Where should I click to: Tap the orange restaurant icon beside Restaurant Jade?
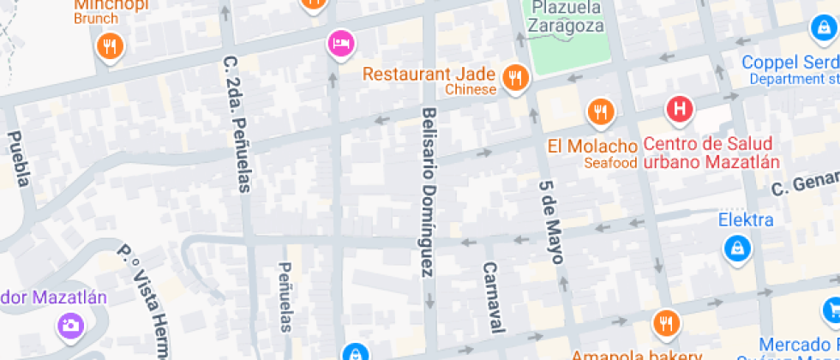[x=515, y=78]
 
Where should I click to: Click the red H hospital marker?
[x=680, y=109]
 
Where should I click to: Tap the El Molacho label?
[x=592, y=145]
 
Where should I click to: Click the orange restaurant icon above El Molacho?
[x=601, y=111]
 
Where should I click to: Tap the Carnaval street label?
[x=492, y=296]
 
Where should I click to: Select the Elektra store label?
[x=746, y=220]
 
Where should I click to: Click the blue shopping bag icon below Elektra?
[x=735, y=249]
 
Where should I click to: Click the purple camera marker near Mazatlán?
[x=69, y=324]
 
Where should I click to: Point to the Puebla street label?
[x=20, y=159]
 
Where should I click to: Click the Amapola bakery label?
[x=625, y=354]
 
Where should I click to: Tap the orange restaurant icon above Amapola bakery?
[x=665, y=322]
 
